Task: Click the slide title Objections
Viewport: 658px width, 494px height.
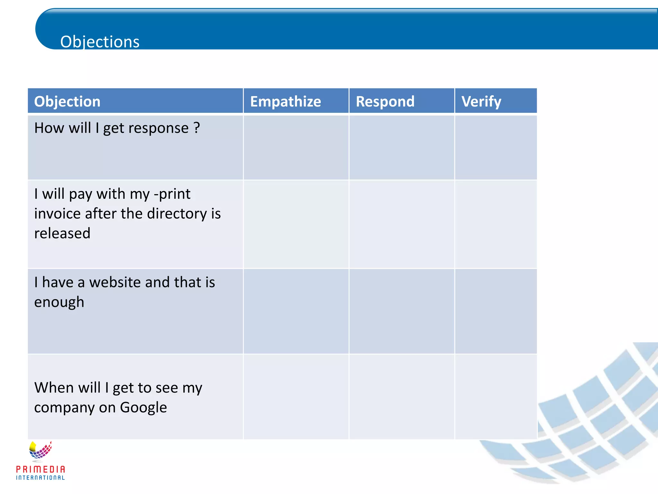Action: pyautogui.click(x=100, y=42)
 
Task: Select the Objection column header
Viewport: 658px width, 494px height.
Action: pyautogui.click(x=67, y=102)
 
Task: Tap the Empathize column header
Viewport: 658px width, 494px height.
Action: pyautogui.click(x=285, y=102)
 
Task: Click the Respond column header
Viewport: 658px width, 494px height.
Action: pyautogui.click(x=385, y=102)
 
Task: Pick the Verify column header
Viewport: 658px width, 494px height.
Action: pyautogui.click(x=481, y=102)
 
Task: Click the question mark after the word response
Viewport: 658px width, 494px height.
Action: pyautogui.click(x=197, y=128)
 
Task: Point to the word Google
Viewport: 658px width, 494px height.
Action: pyautogui.click(x=143, y=407)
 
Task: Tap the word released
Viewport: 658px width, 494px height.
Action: pyautogui.click(x=62, y=233)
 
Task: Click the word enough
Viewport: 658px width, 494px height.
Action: pyautogui.click(x=59, y=302)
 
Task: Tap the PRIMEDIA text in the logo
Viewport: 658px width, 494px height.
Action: pyautogui.click(x=40, y=469)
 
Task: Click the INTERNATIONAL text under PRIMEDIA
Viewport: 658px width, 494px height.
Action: pyautogui.click(x=40, y=478)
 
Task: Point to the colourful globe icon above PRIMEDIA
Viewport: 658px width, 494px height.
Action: pyautogui.click(x=40, y=450)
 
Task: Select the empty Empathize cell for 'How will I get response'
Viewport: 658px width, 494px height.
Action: pyautogui.click(x=296, y=147)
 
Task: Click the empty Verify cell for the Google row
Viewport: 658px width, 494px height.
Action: pyautogui.click(x=496, y=397)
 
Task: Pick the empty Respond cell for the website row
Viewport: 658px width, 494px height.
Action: pyautogui.click(x=402, y=311)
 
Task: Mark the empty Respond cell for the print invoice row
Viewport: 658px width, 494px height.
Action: pyautogui.click(x=402, y=224)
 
